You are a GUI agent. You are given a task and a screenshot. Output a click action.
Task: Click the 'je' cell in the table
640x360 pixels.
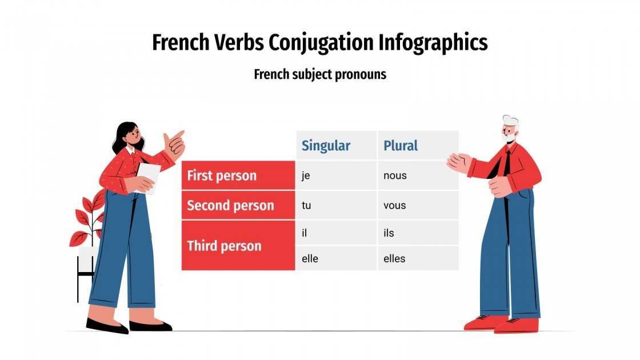[336, 175]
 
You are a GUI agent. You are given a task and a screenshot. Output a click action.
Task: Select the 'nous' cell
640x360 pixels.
[418, 175]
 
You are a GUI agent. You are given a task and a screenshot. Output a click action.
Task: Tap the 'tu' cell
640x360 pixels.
[336, 205]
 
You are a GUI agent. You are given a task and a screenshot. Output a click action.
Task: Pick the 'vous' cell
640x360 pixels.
[418, 205]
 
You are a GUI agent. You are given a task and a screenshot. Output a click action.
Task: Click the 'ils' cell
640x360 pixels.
[418, 233]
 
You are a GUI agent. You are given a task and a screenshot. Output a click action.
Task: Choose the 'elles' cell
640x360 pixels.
[418, 258]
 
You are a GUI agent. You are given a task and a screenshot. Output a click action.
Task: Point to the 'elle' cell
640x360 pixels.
[336, 258]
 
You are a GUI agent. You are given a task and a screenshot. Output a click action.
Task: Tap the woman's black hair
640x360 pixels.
[123, 134]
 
